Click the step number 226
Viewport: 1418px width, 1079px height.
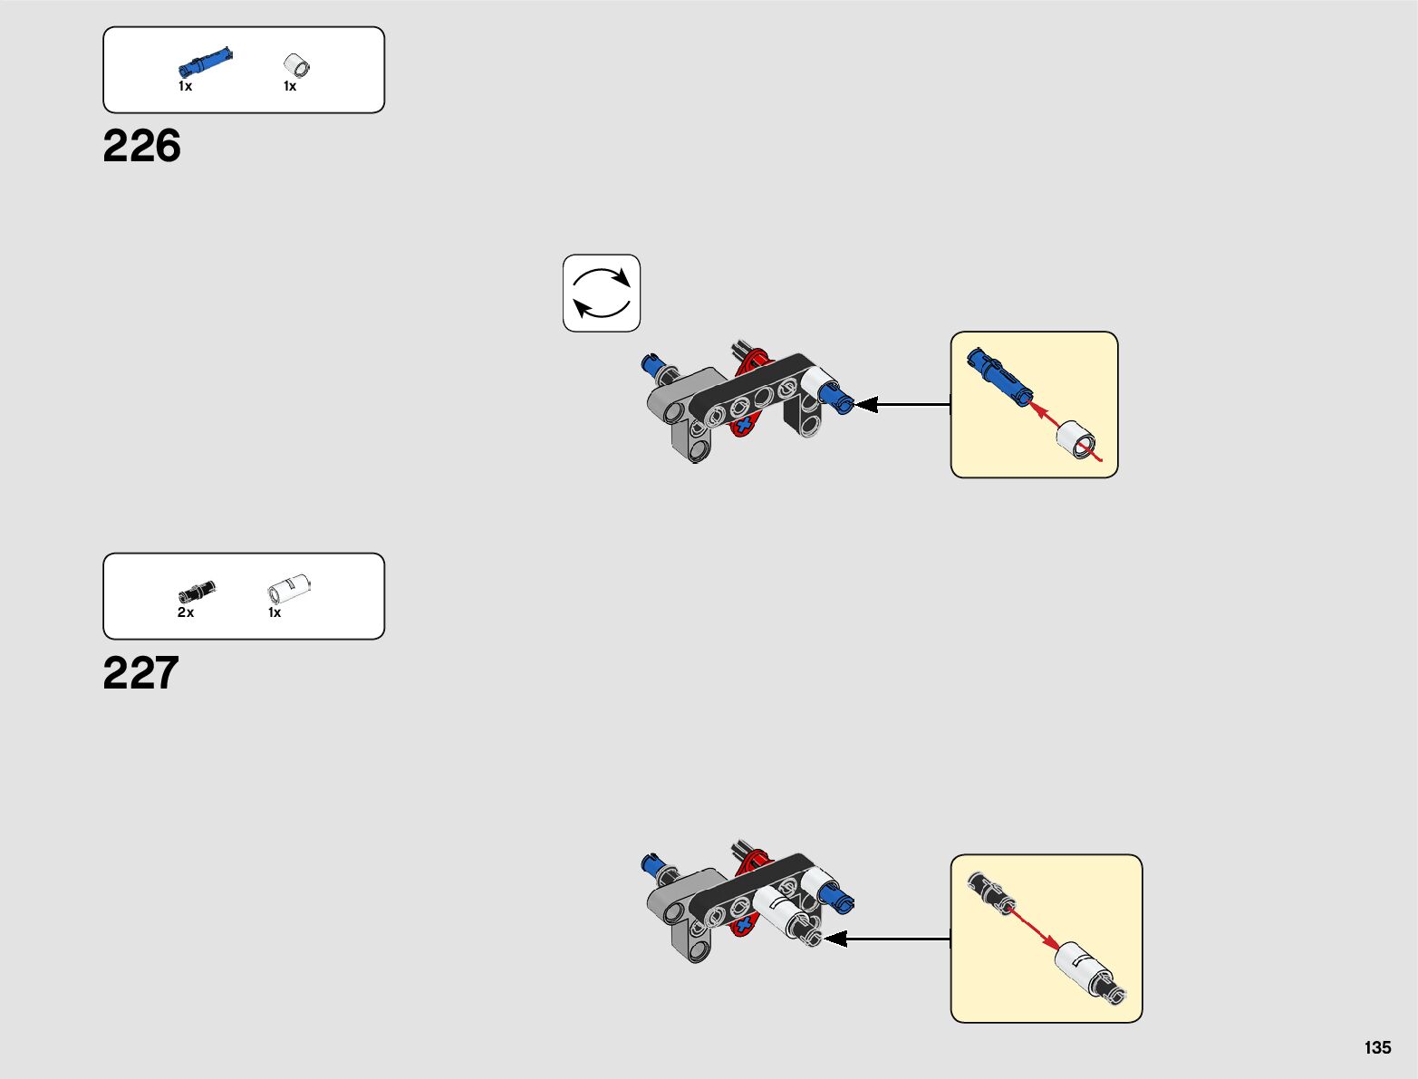coord(141,145)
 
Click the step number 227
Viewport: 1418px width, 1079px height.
coord(140,672)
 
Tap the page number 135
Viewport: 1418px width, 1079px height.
coord(1377,1047)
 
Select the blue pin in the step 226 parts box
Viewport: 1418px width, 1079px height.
coord(206,62)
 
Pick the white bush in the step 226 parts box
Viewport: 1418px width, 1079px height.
coord(296,65)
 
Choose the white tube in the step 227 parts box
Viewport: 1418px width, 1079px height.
coord(289,588)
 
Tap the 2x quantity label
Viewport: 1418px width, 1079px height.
coord(186,612)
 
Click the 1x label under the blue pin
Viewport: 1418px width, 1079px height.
coord(186,86)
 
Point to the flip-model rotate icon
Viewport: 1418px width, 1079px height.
coord(602,294)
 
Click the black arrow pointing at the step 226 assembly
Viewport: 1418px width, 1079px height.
coord(902,405)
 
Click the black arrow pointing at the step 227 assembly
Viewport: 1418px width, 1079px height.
coord(886,939)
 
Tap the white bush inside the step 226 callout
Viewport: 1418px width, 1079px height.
coord(1076,439)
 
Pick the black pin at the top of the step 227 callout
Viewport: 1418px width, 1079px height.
coord(991,893)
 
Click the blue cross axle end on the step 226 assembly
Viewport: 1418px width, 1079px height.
coord(745,425)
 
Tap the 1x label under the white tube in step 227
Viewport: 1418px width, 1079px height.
coord(275,612)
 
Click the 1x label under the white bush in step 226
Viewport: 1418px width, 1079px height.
coord(290,86)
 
